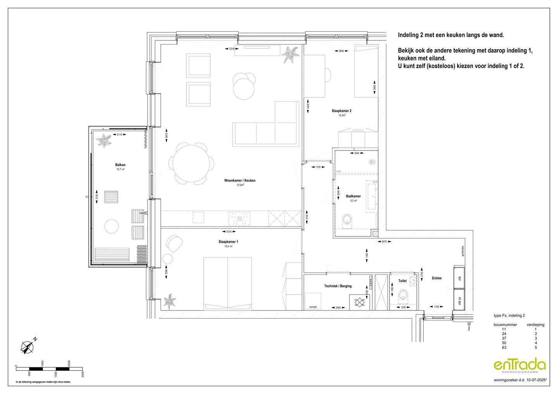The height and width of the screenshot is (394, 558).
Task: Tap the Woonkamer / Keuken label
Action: (239, 180)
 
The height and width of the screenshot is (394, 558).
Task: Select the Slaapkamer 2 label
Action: (341, 111)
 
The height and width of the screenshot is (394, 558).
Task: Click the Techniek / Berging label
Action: (338, 286)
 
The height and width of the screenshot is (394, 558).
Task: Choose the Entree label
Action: (436, 278)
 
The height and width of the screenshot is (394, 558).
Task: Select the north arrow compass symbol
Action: (28, 346)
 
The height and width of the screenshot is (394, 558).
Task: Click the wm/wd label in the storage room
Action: (313, 307)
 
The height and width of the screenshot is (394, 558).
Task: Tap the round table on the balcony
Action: (111, 226)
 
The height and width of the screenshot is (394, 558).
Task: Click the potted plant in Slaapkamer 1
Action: (169, 301)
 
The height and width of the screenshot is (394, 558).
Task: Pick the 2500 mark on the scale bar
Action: (83, 374)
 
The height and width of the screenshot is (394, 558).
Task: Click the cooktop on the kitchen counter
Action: (239, 219)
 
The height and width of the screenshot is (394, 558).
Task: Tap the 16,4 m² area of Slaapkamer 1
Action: (228, 247)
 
